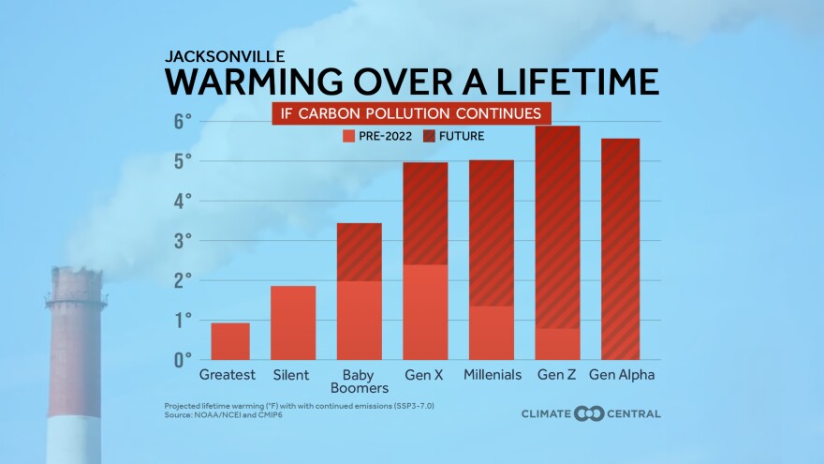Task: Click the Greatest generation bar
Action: [230, 341]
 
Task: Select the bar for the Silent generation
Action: [293, 322]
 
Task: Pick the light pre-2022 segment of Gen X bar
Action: [425, 312]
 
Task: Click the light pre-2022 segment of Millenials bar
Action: [492, 333]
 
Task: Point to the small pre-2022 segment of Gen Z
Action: [558, 344]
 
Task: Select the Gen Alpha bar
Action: [614, 249]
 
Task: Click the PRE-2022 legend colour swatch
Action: [347, 136]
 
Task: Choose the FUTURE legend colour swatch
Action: [432, 136]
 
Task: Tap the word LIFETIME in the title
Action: [581, 82]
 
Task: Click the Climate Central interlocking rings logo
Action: [589, 413]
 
